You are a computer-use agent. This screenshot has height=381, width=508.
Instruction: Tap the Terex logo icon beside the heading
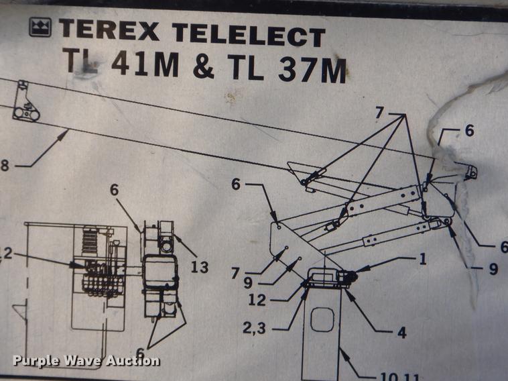coord(40,28)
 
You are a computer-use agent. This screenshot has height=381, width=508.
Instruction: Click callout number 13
coord(199,268)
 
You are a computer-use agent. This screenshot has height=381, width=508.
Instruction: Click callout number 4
coord(401,331)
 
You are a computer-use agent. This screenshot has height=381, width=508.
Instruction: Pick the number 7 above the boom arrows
coord(379,113)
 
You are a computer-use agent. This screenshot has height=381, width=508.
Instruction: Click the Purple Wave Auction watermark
coord(86,361)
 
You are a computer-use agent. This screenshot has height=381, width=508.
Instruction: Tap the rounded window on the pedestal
coord(324,320)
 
